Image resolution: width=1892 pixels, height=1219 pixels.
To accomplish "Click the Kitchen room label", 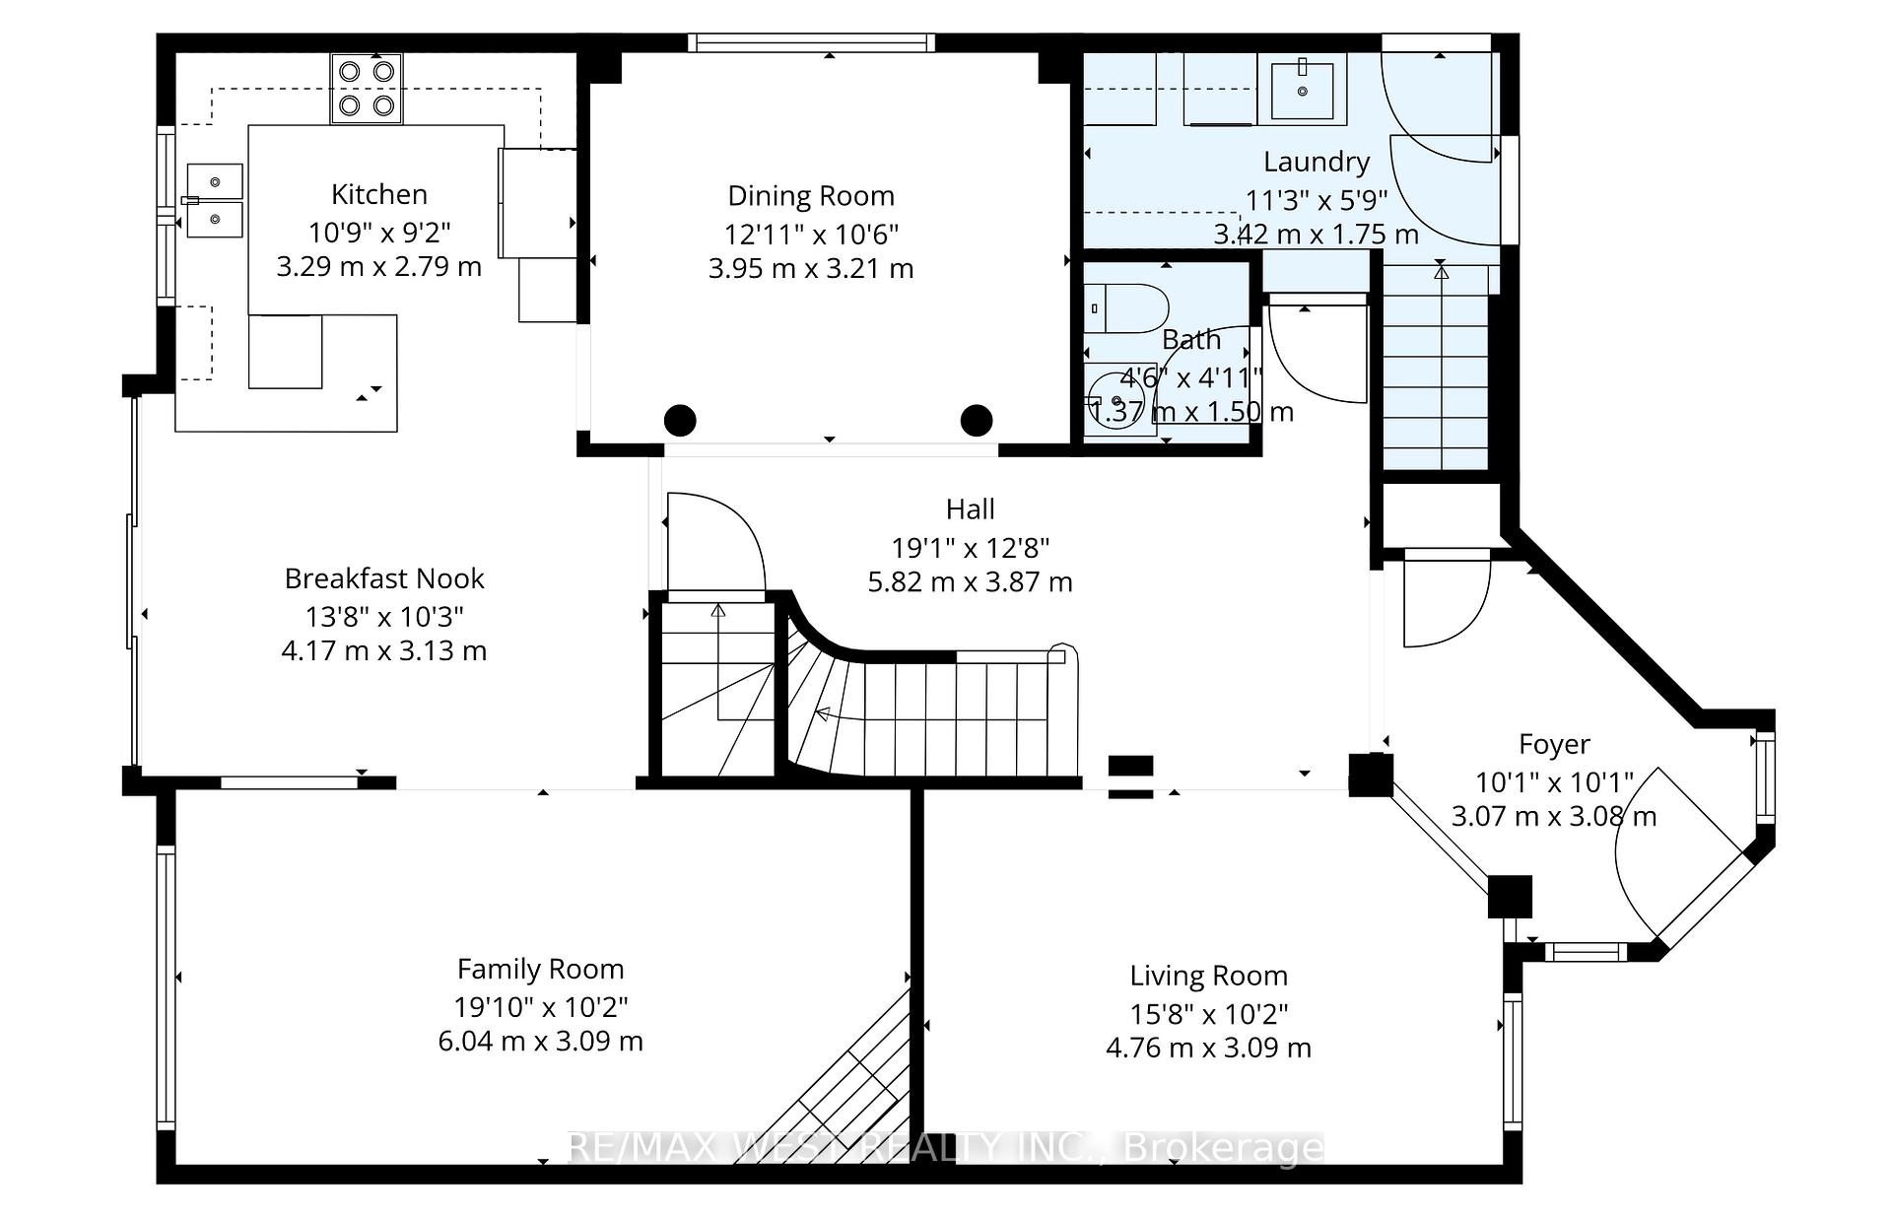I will click(378, 194).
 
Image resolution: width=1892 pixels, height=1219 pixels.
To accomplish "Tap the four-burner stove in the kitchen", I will click(367, 88).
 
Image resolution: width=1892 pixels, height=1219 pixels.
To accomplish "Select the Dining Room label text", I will click(810, 196).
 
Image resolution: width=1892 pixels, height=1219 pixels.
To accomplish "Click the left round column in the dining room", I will click(680, 421).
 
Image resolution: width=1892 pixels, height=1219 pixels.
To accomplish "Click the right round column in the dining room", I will click(976, 421).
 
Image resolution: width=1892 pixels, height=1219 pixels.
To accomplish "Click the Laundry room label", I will click(1316, 162).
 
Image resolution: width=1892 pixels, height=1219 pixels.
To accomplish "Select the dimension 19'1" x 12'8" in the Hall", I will click(970, 547).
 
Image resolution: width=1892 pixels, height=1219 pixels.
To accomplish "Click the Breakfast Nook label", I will click(384, 578).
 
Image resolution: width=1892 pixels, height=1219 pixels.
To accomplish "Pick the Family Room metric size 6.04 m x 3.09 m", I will click(540, 1042).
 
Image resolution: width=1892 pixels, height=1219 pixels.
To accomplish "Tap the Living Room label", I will click(1208, 976).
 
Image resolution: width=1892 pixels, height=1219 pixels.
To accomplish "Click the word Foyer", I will click(1554, 744).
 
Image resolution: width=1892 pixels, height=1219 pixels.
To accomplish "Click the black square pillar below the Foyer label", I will click(1510, 897).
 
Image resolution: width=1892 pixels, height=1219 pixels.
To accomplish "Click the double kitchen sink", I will click(215, 201).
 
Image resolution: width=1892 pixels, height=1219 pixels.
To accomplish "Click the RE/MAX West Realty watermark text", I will click(946, 1148).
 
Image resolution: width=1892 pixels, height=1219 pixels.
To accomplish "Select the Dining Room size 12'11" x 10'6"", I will click(810, 235).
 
